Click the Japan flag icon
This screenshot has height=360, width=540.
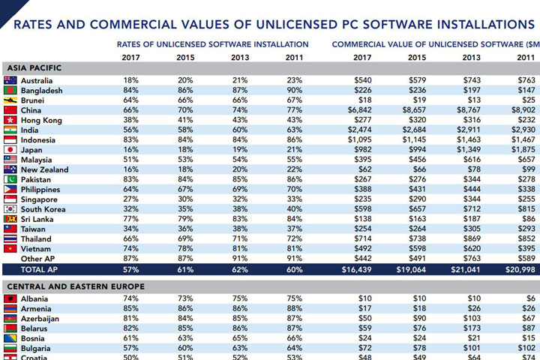10,149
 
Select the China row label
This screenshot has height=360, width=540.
32,110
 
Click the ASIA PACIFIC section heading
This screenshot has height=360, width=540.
34,68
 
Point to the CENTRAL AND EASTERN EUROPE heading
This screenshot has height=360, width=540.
74,286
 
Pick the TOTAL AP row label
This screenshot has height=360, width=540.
38,268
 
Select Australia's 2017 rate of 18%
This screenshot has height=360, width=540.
131,80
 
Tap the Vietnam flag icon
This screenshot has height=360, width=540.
10,248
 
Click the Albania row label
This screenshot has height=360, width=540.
35,298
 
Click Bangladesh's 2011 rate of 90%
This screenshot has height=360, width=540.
295,91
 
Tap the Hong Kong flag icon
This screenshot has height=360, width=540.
10,120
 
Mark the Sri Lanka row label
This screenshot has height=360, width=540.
37,219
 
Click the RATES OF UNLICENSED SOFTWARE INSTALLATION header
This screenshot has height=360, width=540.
213,44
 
